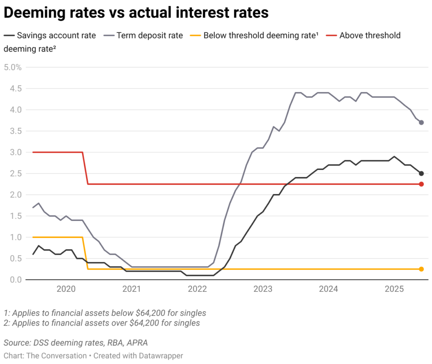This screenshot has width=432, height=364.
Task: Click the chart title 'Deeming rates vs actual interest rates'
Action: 136,13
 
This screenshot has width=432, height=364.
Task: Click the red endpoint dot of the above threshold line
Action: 421,184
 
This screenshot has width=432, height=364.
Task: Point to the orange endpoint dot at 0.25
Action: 421,269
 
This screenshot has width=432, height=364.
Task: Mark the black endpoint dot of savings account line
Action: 421,173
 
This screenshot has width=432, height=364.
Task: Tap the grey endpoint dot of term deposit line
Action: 421,122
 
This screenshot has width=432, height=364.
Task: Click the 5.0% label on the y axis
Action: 13,67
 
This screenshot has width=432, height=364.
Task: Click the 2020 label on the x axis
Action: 66,289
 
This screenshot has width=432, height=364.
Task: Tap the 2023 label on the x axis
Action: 263,289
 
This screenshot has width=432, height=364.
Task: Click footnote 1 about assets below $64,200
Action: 105,313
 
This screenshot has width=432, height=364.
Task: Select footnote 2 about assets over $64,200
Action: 102,323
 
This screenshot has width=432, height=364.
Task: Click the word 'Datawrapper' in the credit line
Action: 160,356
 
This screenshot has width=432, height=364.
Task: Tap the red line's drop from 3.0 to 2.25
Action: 85,168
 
